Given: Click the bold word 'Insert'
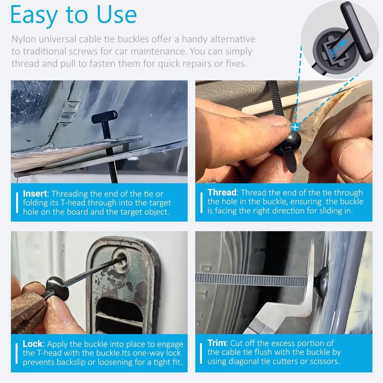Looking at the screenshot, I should pyautogui.click(x=35, y=194).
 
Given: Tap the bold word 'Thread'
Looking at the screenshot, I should pyautogui.click(x=222, y=192).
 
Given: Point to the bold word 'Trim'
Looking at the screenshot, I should pyautogui.click(x=217, y=343).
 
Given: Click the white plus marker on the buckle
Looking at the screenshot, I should pyautogui.click(x=295, y=126).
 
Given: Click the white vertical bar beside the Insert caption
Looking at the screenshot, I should pyautogui.click(x=17, y=203).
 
